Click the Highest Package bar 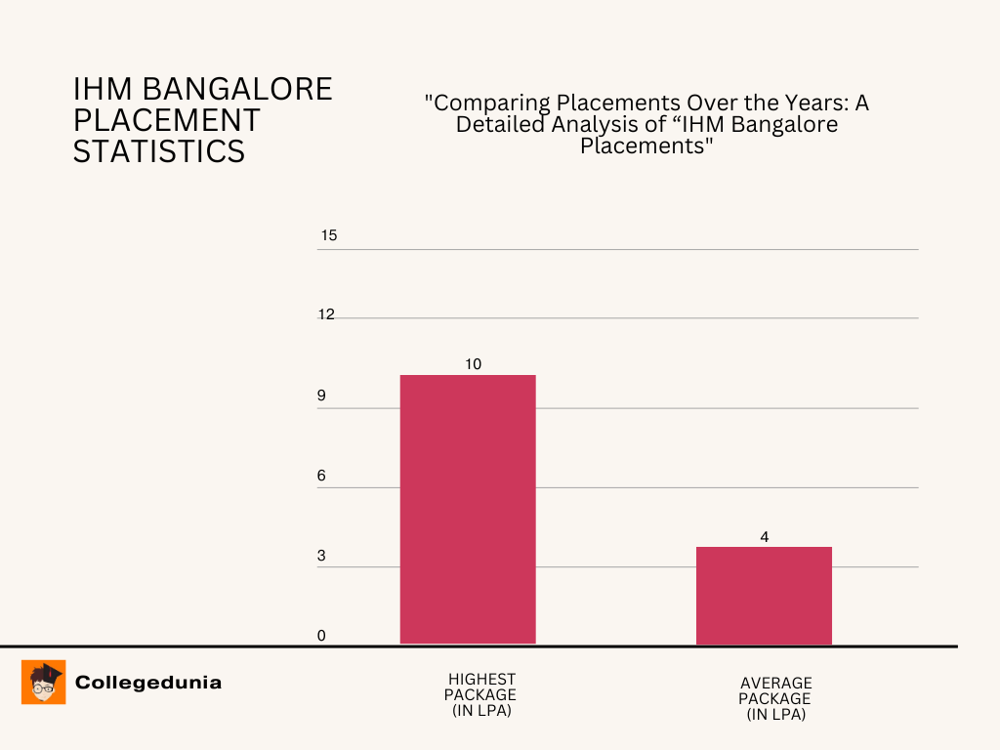tap(468, 509)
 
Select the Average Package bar tap(764, 595)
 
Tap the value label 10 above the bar tap(474, 364)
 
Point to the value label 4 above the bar tap(765, 536)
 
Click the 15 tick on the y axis tap(328, 236)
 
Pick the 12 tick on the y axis tap(326, 315)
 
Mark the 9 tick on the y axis tap(320, 396)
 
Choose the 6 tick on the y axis tap(320, 477)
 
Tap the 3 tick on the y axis tap(320, 557)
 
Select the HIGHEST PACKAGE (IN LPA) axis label tap(481, 694)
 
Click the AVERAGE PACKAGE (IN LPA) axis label tap(775, 698)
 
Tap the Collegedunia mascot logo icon tap(44, 682)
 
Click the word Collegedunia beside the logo tap(148, 683)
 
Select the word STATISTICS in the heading tap(159, 151)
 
